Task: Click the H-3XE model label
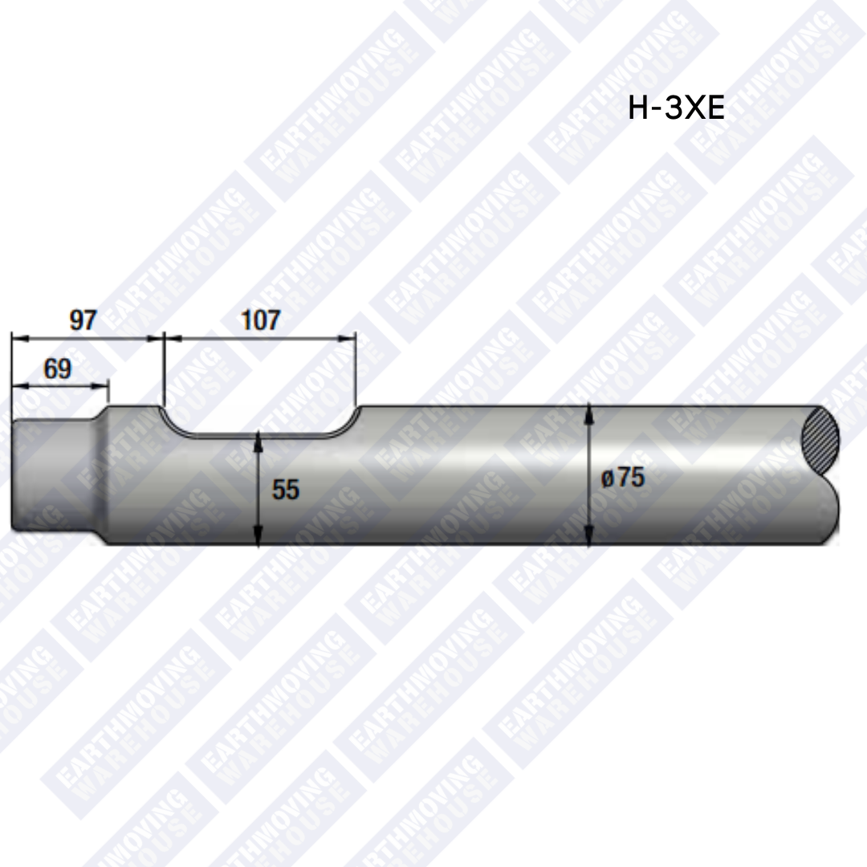pyautogui.click(x=676, y=108)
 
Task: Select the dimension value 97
pyautogui.click(x=83, y=320)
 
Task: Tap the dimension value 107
pyautogui.click(x=261, y=320)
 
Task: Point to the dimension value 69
pyautogui.click(x=58, y=369)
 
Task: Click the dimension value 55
pyautogui.click(x=285, y=490)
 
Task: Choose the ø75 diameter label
pyautogui.click(x=623, y=478)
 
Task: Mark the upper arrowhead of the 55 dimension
pyautogui.click(x=258, y=438)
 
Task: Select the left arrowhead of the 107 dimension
pyautogui.click(x=170, y=338)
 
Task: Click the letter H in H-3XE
pyautogui.click(x=638, y=108)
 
